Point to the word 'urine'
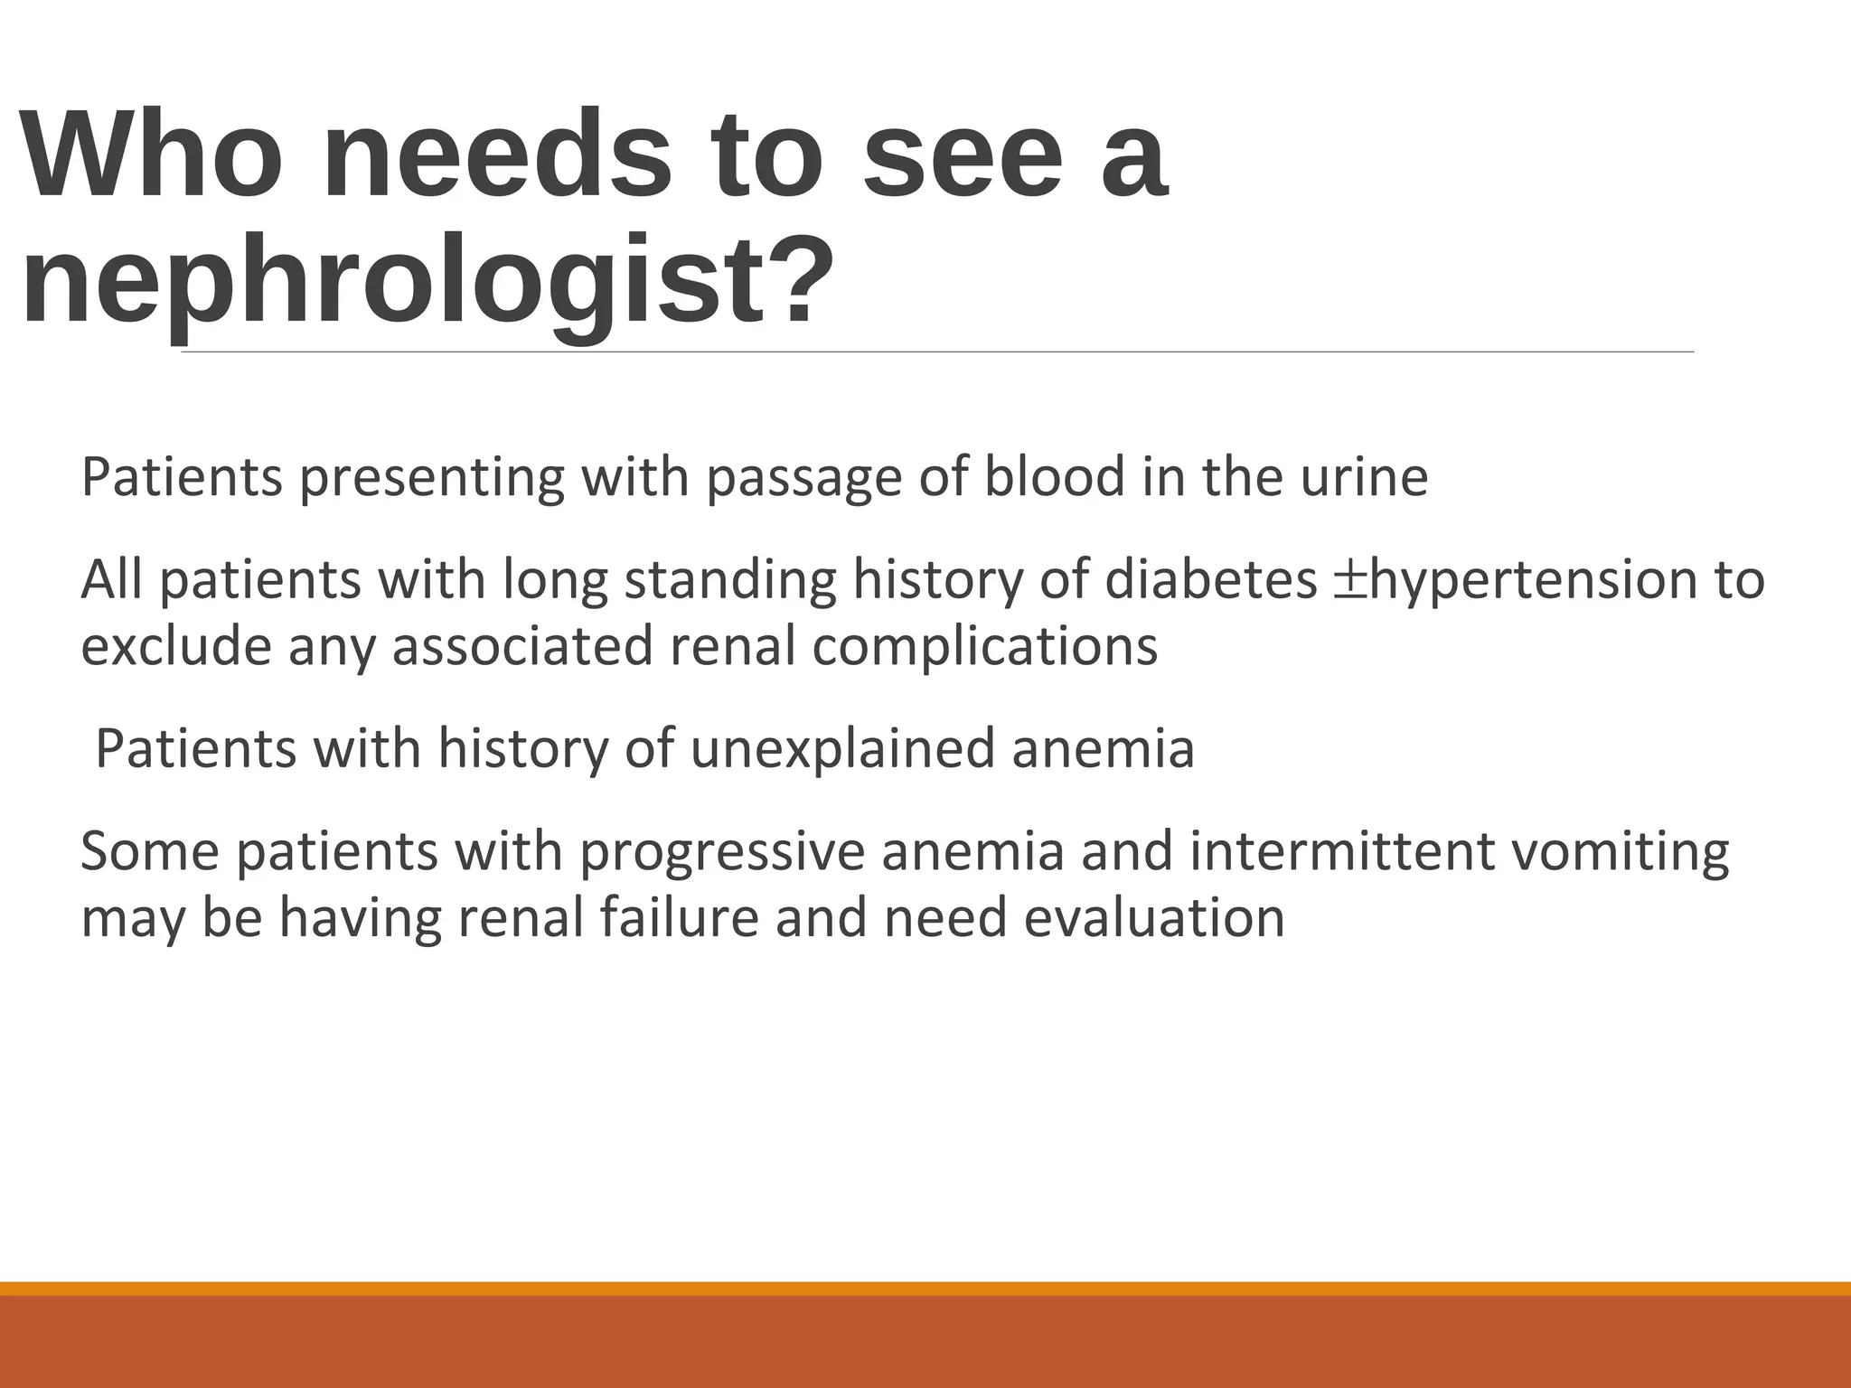[1364, 479]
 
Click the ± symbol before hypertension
[1350, 581]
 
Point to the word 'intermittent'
[1342, 852]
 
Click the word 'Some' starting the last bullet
[150, 852]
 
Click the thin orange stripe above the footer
[925, 1288]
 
